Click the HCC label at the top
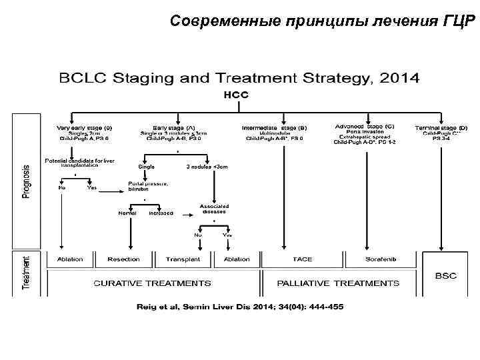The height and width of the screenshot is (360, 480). [236, 95]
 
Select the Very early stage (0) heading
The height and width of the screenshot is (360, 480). [85, 127]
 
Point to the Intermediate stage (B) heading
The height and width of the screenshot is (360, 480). [274, 127]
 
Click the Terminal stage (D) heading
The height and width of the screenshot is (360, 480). [441, 127]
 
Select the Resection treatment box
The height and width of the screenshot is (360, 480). [124, 259]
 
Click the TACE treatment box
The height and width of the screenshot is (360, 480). [297, 259]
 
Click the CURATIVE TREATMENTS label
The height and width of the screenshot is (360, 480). [153, 283]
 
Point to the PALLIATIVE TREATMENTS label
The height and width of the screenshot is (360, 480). [339, 283]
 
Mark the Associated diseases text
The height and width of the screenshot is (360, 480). [215, 209]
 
